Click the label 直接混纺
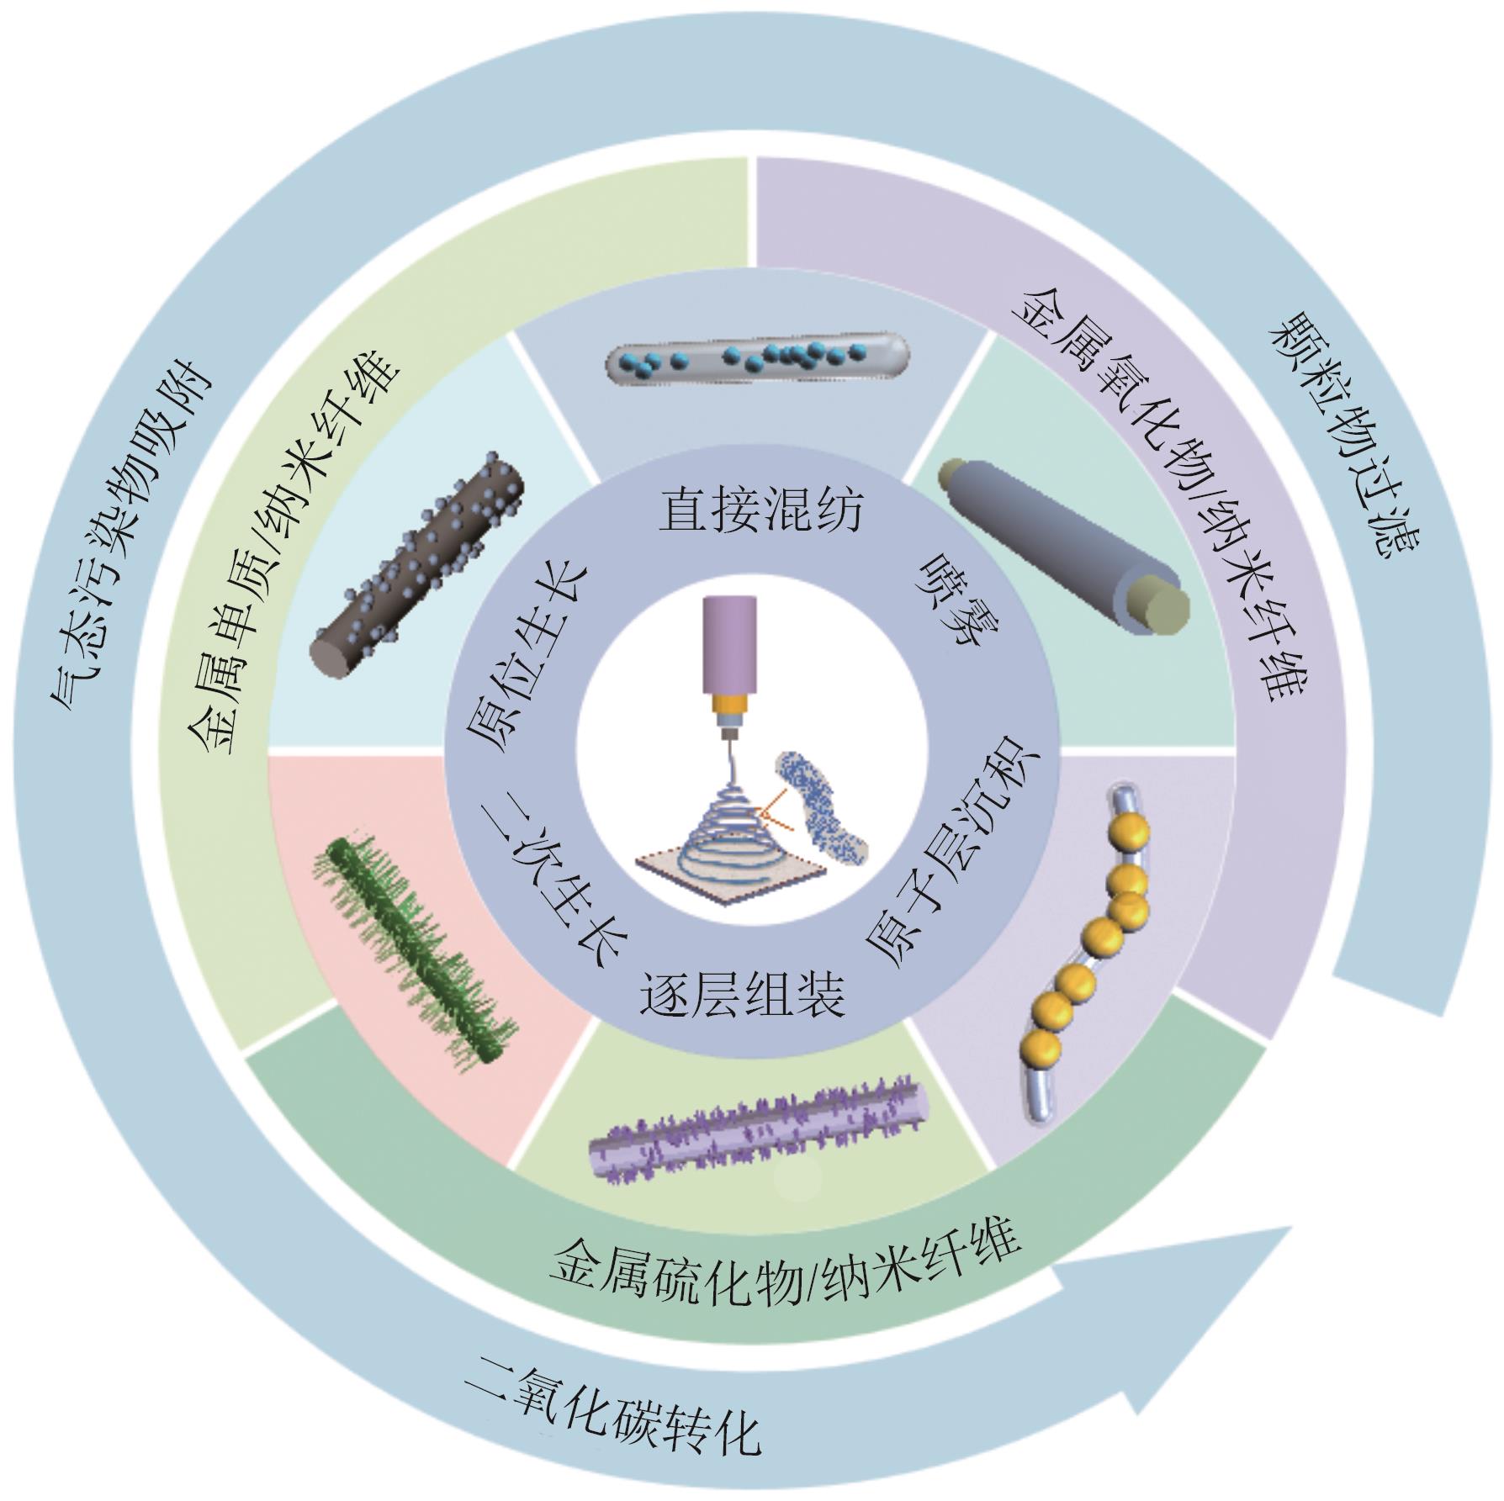pos(760,510)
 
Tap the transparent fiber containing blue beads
pos(757,357)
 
